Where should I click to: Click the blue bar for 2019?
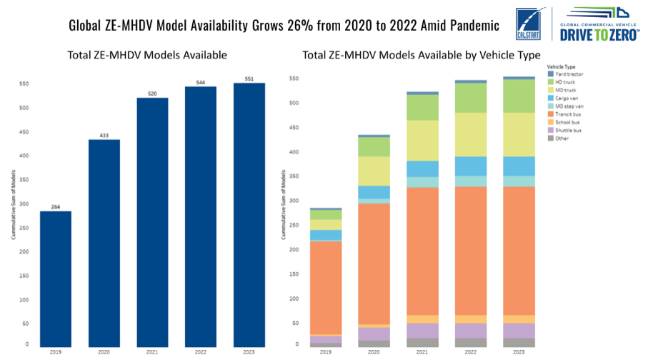pos(55,279)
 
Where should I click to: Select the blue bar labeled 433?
pos(104,243)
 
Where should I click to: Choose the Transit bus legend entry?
pos(567,114)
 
